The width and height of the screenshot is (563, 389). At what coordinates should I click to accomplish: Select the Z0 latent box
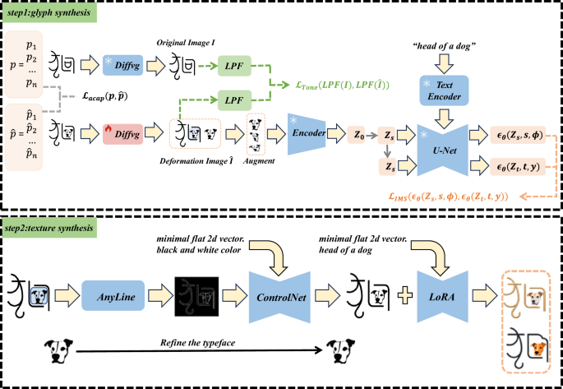357,132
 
